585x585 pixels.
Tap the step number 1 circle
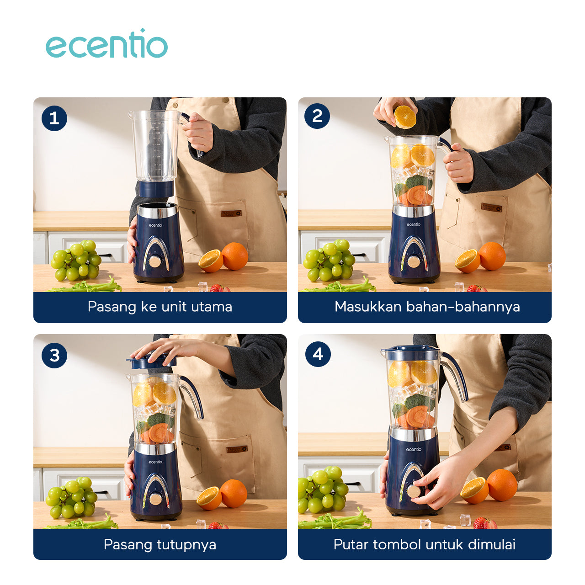coord(54,118)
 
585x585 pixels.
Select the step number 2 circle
coord(317,116)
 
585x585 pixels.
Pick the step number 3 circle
coord(54,355)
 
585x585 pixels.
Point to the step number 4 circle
coord(318,354)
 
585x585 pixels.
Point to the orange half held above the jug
coord(405,117)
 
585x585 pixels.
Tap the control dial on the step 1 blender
coord(155,261)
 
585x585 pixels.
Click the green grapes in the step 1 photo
coord(76,260)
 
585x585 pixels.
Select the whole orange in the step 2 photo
coord(492,256)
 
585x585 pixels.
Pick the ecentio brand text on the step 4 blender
coord(414,449)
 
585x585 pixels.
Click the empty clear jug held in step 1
coord(155,146)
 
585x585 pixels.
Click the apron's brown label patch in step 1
coord(231,213)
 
